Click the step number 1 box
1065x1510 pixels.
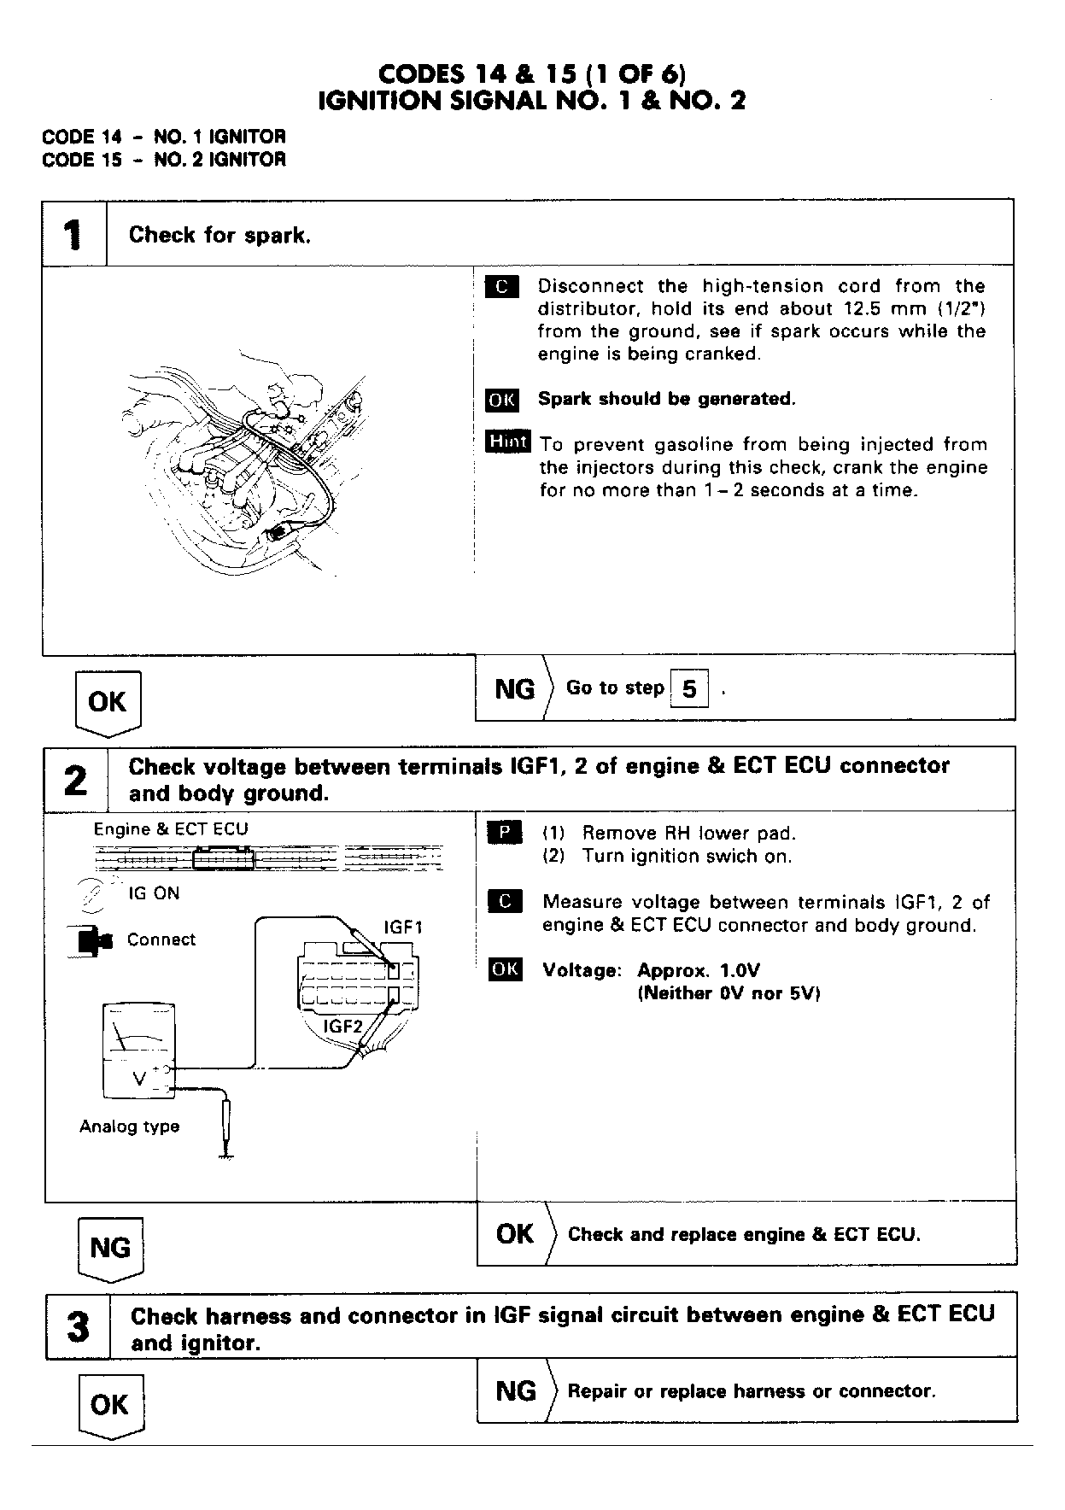coord(74,234)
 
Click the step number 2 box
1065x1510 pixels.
coord(76,780)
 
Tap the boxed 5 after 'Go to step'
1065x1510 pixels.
coord(690,688)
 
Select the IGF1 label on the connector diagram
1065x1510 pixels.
coord(403,927)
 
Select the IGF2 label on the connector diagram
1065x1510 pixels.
coord(343,1027)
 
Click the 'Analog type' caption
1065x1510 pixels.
coord(130,1127)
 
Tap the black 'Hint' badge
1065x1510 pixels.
coord(508,442)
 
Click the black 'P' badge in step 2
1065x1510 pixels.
coord(504,833)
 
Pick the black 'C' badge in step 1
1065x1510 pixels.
coord(501,287)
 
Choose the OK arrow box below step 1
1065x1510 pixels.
coord(108,703)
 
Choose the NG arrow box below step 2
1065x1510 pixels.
coord(110,1249)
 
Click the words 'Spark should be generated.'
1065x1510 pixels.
coord(666,399)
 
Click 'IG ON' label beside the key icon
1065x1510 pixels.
coord(154,893)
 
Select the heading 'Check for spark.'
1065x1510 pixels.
coord(219,235)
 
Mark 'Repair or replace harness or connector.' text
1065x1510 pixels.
coord(752,1391)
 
